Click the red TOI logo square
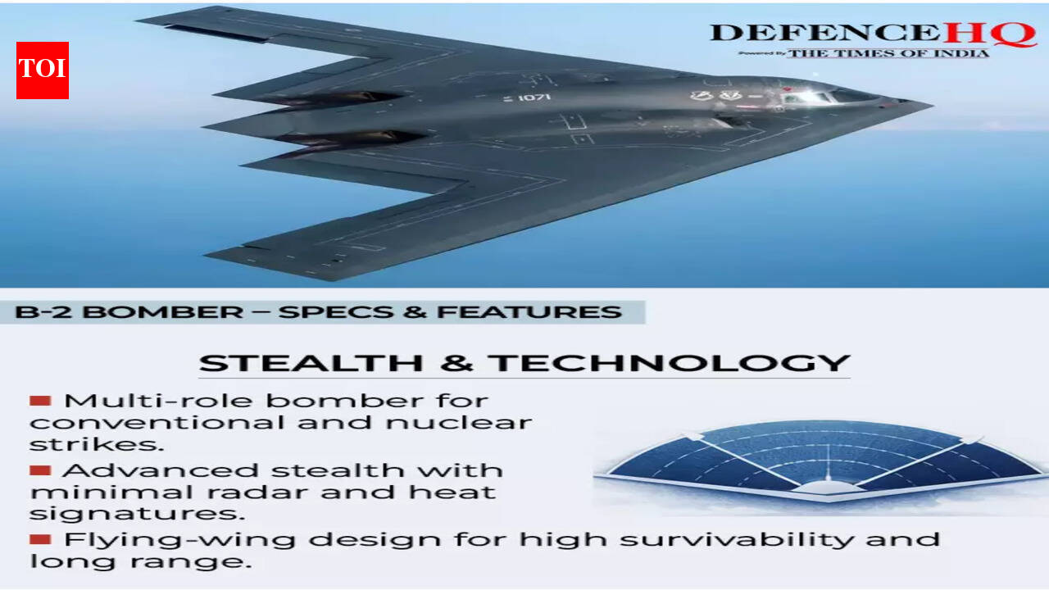click(43, 70)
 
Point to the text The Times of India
click(888, 53)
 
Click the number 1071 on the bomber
click(534, 98)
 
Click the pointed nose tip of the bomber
click(932, 106)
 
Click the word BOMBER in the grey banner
click(163, 312)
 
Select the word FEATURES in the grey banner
click(529, 312)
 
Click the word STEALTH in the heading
click(311, 363)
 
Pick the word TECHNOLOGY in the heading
click(669, 363)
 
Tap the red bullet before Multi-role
click(40, 401)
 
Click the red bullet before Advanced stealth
click(40, 470)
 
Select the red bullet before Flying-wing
click(40, 539)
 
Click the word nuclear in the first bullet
click(459, 423)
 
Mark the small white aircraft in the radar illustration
click(828, 488)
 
